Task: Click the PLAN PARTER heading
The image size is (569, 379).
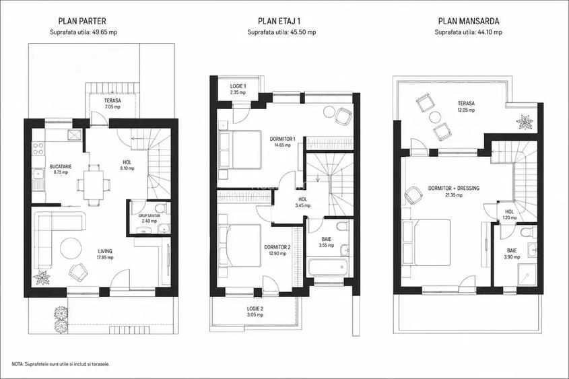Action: pyautogui.click(x=82, y=21)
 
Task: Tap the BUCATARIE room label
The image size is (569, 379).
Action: pyautogui.click(x=61, y=166)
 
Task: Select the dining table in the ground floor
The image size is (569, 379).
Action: pyautogui.click(x=94, y=185)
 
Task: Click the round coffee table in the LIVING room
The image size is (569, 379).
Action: pyautogui.click(x=71, y=248)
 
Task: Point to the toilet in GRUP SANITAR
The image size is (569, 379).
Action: pyautogui.click(x=160, y=208)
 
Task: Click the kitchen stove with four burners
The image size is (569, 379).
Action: pyautogui.click(x=38, y=149)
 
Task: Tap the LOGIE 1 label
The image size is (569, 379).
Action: pyautogui.click(x=238, y=86)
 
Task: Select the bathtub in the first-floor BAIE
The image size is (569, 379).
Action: pyautogui.click(x=327, y=267)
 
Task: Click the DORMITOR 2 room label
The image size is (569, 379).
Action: pyautogui.click(x=277, y=247)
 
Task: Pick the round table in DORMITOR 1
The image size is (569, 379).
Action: pyautogui.click(x=329, y=111)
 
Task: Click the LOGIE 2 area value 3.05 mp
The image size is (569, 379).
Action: pyautogui.click(x=255, y=315)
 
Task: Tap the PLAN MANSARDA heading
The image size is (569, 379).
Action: pyautogui.click(x=469, y=21)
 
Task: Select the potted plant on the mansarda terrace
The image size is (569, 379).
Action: pyautogui.click(x=525, y=121)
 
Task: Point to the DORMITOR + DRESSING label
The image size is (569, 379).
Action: pyautogui.click(x=454, y=188)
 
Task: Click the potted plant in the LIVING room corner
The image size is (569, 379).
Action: pyautogui.click(x=42, y=277)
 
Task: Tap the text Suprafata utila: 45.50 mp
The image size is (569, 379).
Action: pyautogui.click(x=281, y=32)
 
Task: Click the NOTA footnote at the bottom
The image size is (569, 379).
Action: pyautogui.click(x=61, y=364)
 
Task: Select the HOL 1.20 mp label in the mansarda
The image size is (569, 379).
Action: pyautogui.click(x=510, y=214)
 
